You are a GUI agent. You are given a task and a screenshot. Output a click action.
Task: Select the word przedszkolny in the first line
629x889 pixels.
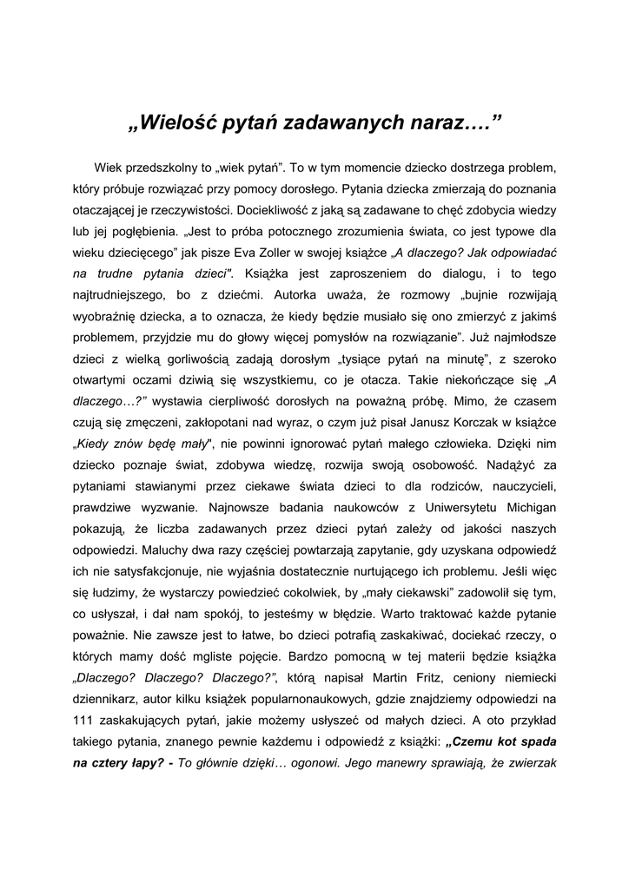(x=165, y=166)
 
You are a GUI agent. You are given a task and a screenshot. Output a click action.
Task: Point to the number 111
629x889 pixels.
(x=85, y=719)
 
